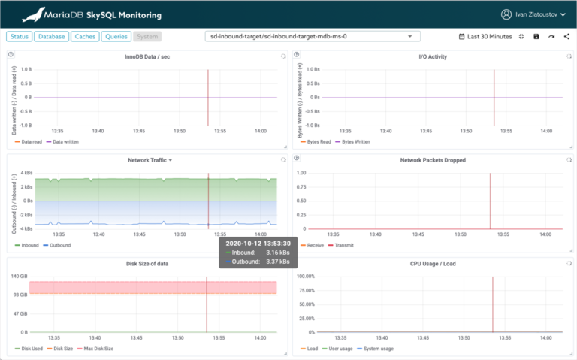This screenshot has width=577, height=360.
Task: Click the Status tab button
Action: [x=20, y=36]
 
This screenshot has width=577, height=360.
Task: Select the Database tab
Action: [x=52, y=36]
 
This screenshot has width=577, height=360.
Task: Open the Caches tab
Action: [x=86, y=36]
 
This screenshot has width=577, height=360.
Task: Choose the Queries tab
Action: [x=116, y=36]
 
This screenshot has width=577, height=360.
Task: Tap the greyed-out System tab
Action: [x=147, y=36]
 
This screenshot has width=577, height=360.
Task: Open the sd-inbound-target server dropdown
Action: [x=313, y=36]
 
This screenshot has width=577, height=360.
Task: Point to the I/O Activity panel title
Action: [x=433, y=57]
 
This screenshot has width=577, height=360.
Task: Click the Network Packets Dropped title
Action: [x=433, y=160]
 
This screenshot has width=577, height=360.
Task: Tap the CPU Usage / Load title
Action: [x=433, y=263]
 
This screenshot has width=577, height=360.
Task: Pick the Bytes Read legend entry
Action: [x=319, y=141]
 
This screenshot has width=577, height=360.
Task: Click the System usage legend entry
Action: [x=377, y=349]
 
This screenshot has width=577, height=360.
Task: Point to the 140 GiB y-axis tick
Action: [x=20, y=277]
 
